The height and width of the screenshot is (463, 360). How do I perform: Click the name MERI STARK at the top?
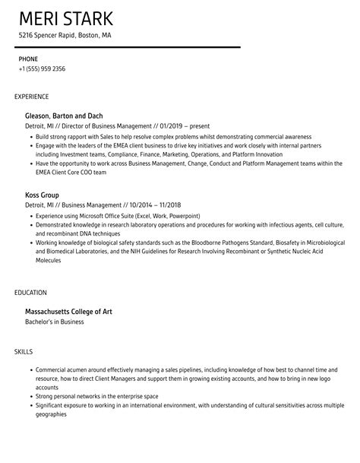pyautogui.click(x=65, y=18)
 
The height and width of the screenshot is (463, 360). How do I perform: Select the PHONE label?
pyautogui.click(x=28, y=59)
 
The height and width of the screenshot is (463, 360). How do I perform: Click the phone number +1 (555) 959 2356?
pyautogui.click(x=42, y=69)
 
